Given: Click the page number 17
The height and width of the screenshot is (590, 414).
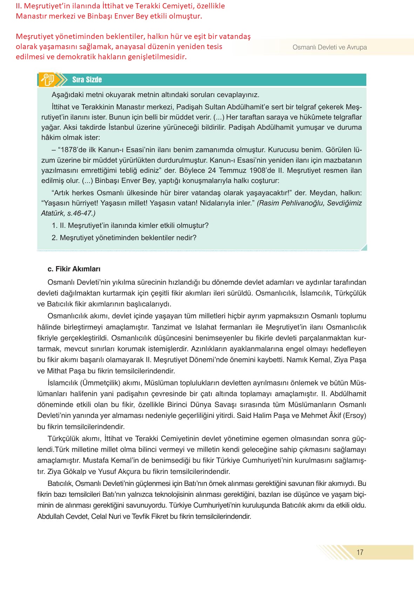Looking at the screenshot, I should [360, 552].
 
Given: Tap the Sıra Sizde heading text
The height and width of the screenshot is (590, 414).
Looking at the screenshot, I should [87, 80].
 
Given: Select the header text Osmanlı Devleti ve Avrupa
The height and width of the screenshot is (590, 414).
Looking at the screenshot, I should [330, 47].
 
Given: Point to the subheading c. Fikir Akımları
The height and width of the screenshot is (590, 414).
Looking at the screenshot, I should [74, 269].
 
